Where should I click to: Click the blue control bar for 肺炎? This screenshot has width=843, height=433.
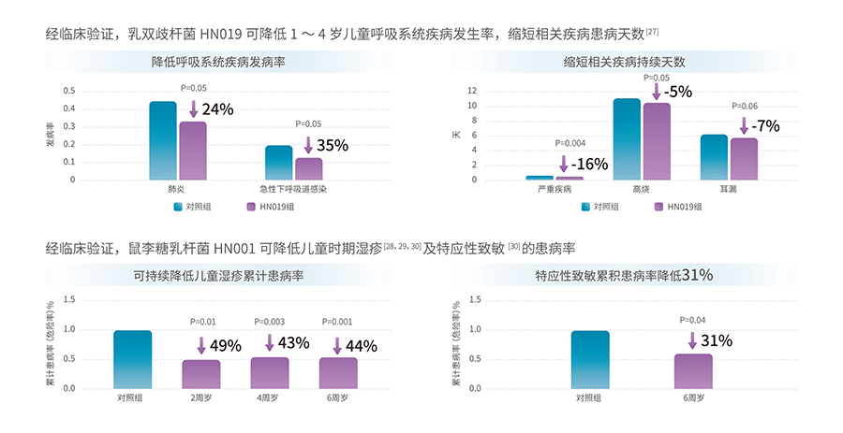click(x=162, y=140)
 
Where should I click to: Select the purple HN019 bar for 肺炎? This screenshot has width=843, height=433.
click(x=193, y=151)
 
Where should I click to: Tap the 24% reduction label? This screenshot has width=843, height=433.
click(x=217, y=109)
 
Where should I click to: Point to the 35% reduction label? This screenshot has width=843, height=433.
click(x=332, y=145)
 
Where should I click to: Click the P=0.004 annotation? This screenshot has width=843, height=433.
click(x=569, y=143)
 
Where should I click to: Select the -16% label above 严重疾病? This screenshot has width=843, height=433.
click(x=589, y=165)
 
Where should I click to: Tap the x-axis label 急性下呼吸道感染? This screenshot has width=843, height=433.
click(x=294, y=190)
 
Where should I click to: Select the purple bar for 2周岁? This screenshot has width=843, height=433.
click(x=201, y=374)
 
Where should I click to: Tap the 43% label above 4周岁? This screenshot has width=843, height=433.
click(x=293, y=343)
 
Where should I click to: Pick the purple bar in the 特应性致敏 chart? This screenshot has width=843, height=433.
click(x=693, y=371)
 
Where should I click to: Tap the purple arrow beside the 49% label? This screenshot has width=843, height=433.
click(x=200, y=345)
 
